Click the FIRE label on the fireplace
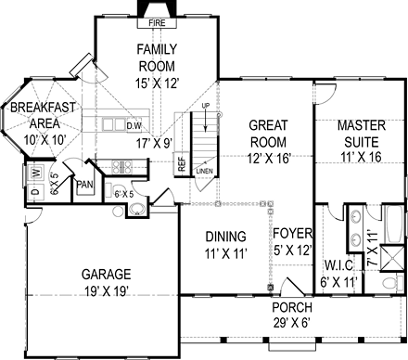coord(157,23)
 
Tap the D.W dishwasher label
coord(134,126)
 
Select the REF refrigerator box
coord(182,164)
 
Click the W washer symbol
coord(36,173)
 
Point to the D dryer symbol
coord(36,192)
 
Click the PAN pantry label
coord(84,185)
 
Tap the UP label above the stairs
coord(206,106)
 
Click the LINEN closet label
coord(204,171)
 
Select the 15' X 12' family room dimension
coord(158,84)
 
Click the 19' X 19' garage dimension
coord(107,291)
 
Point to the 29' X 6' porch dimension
coord(292,323)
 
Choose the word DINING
coord(226,237)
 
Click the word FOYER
coord(293,234)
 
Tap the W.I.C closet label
coord(338,265)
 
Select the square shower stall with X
coord(391,258)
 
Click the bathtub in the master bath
coord(393,224)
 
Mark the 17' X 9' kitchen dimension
coord(154,143)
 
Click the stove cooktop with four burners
coord(122,167)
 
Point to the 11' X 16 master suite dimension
coord(362,158)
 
